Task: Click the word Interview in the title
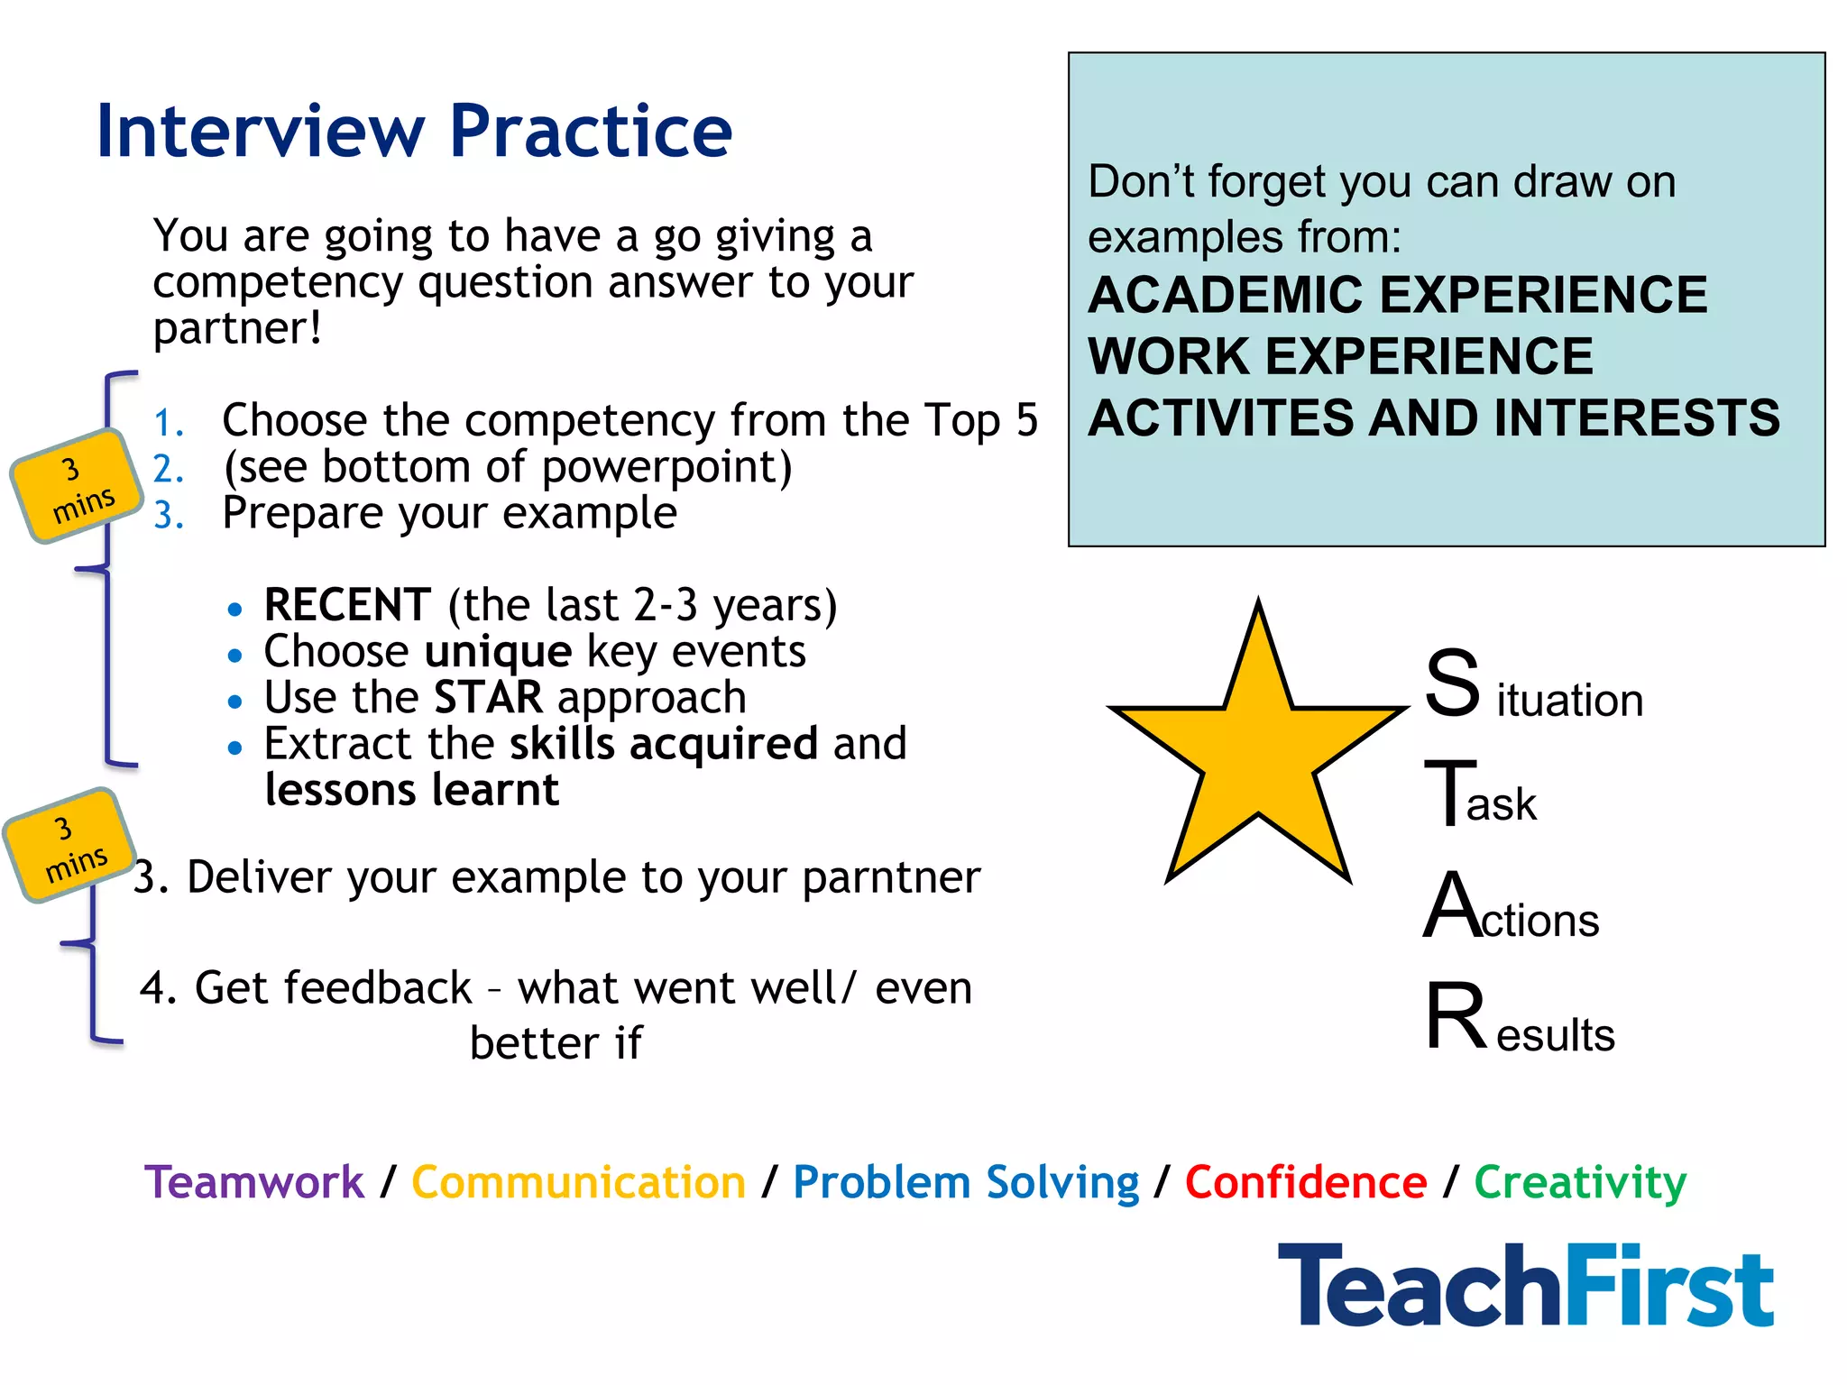[x=259, y=132]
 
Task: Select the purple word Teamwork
[x=254, y=1182]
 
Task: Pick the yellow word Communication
[x=578, y=1182]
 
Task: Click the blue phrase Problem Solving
[x=965, y=1182]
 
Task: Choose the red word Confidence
[x=1305, y=1182]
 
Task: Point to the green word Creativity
[x=1580, y=1182]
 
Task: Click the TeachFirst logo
[x=1525, y=1286]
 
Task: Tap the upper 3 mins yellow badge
[x=78, y=487]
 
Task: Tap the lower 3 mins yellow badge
[x=69, y=846]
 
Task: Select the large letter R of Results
[x=1455, y=1016]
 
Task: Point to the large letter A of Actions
[x=1450, y=906]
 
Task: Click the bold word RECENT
[x=347, y=605]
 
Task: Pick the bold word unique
[x=498, y=652]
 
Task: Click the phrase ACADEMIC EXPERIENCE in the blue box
[x=1397, y=295]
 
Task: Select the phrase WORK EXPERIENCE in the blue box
[x=1340, y=356]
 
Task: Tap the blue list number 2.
[x=168, y=469]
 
